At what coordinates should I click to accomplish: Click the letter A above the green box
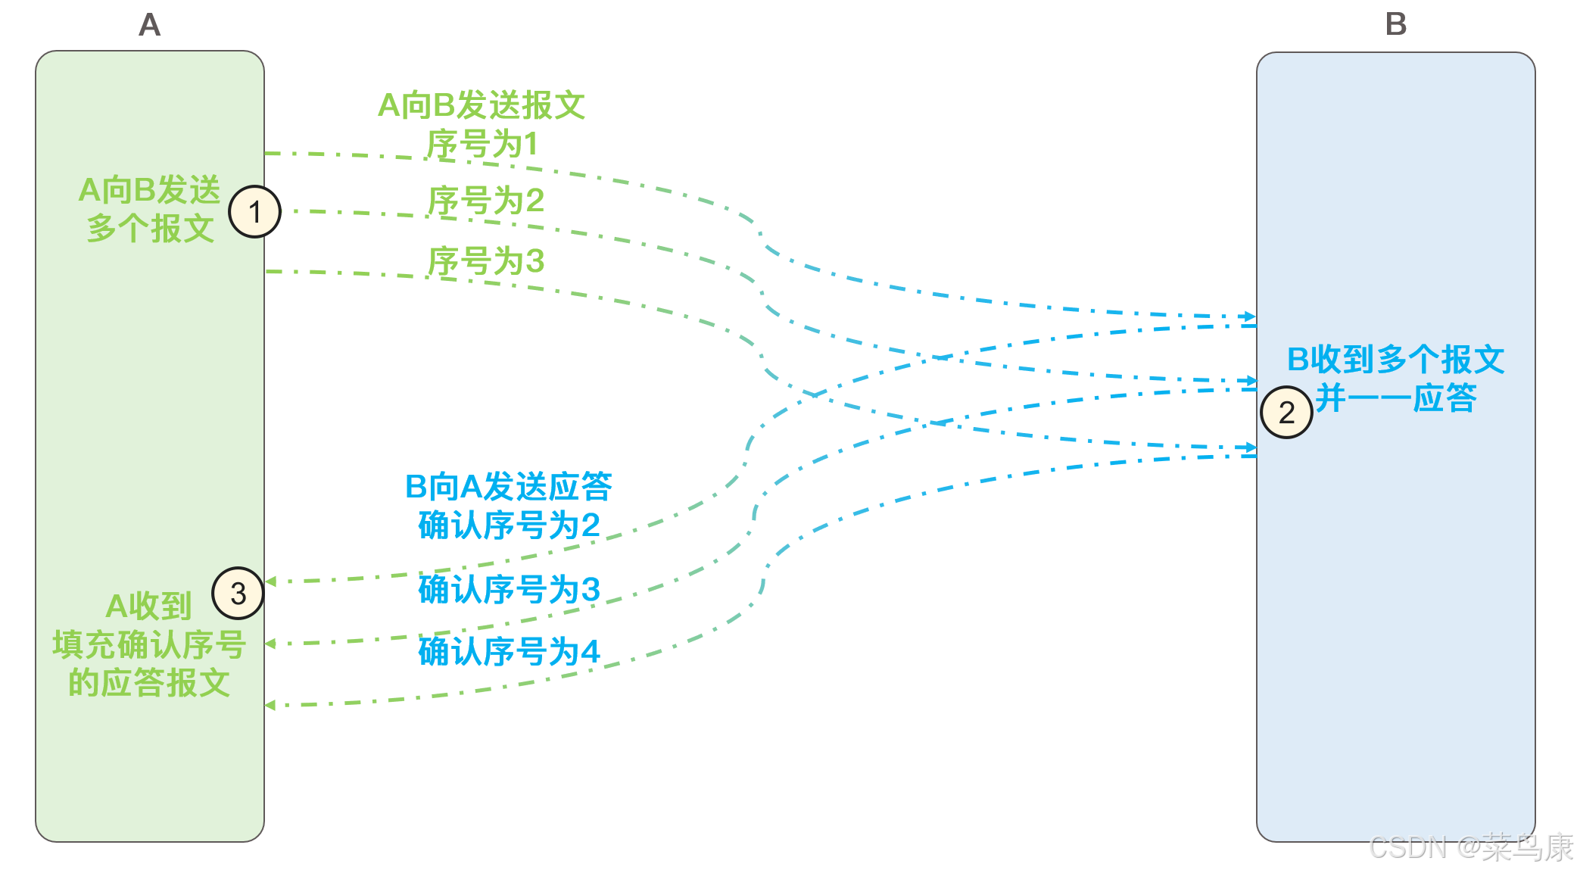150,25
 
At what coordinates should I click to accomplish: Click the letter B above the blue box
1395,24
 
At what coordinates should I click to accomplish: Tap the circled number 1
255,212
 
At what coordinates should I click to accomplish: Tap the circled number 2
1286,413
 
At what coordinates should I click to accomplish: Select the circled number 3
238,594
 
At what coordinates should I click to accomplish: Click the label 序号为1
482,144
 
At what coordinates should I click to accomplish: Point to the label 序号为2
486,201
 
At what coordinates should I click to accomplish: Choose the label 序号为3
486,261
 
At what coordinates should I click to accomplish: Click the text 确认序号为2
509,525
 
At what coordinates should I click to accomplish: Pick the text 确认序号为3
509,589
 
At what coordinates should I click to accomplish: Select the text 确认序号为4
509,651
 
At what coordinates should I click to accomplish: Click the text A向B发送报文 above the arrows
482,105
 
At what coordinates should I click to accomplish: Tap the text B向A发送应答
509,486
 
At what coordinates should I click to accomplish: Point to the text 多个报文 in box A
151,228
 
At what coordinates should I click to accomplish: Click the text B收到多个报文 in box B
1395,359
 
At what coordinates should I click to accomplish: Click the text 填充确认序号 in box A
149,644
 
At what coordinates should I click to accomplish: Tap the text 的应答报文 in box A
149,683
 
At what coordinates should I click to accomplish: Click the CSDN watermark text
1471,847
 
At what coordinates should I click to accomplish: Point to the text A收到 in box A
148,606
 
